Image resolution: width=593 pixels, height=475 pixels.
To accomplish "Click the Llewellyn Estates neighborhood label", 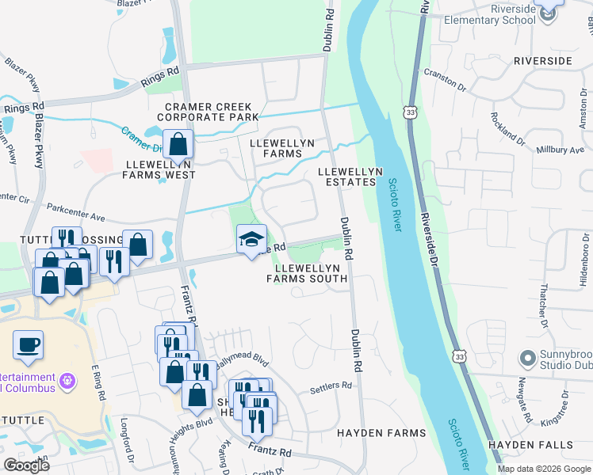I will [x=350, y=177].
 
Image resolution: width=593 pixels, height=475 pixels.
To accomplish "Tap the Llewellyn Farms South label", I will [x=311, y=273].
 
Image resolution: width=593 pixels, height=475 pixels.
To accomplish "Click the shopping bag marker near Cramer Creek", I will [x=178, y=145].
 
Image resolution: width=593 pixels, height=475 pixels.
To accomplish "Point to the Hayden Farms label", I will [x=381, y=433].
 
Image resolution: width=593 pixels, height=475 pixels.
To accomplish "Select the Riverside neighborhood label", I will [x=542, y=60].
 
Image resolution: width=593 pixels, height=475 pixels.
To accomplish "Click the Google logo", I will [x=26, y=465].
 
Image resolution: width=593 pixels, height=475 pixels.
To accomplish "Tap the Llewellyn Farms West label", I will [x=160, y=169].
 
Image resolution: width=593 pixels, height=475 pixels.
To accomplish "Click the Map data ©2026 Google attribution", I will [x=544, y=469].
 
